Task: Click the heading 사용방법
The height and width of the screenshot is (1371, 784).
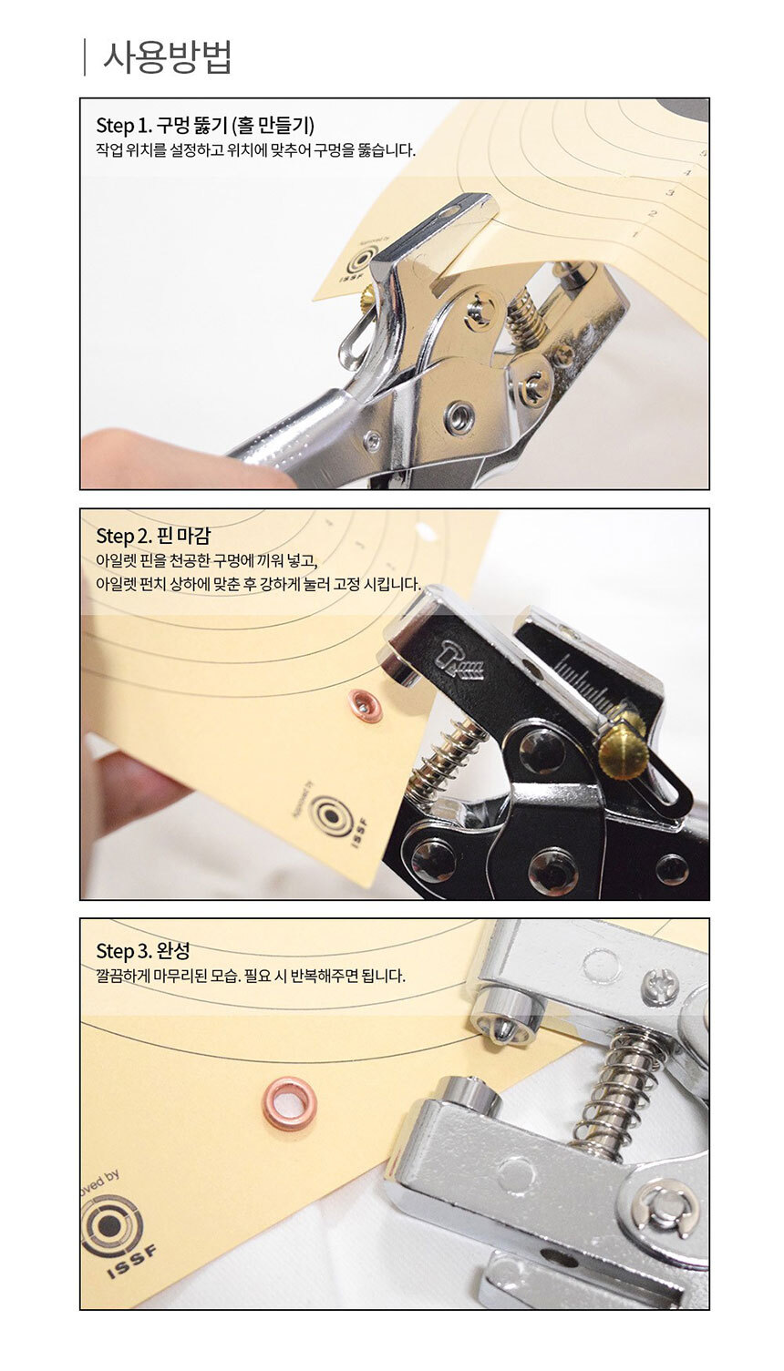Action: point(167,56)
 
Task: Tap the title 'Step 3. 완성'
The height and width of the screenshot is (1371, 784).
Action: point(143,950)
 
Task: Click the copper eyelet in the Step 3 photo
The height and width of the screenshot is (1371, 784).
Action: point(290,1103)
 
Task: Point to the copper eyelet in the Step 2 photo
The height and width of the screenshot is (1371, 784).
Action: point(366,704)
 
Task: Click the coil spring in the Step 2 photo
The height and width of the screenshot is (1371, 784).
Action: point(447,759)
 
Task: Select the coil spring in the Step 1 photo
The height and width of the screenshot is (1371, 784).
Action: point(528,318)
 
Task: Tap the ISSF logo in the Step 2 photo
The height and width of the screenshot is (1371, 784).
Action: point(335,815)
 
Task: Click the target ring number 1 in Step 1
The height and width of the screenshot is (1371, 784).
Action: point(635,236)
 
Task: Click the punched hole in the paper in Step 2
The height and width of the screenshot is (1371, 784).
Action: point(424,528)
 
